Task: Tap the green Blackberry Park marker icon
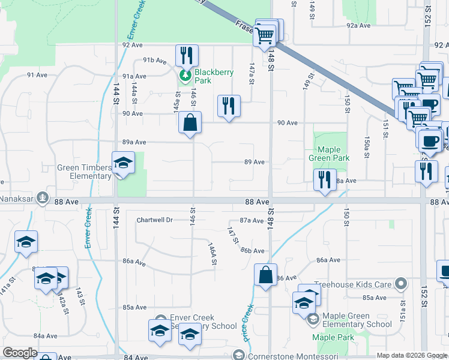[x=184, y=76]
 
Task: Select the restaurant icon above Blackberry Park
[x=187, y=56]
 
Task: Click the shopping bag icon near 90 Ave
[x=190, y=123]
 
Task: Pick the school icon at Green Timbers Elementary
[x=123, y=163]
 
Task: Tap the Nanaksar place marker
[x=43, y=196]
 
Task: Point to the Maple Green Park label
[x=329, y=154]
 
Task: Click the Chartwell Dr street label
[x=155, y=220]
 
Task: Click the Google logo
[x=20, y=353]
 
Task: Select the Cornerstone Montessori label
[x=286, y=356]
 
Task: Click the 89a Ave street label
[x=134, y=142]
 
